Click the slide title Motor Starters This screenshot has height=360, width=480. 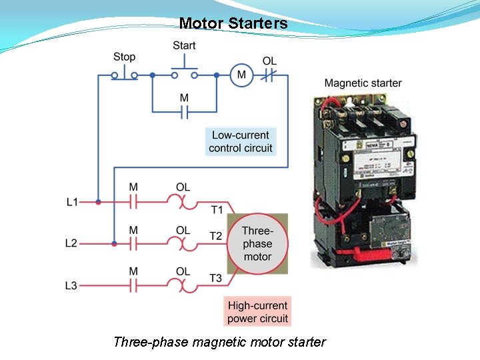pos(233,23)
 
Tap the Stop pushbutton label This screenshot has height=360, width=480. pos(124,57)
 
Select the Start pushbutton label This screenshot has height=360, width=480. pos(184,45)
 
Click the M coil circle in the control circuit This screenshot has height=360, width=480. pos(241,75)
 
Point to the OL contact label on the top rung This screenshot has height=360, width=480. pos(269,61)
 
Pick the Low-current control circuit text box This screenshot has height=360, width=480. pos(240,141)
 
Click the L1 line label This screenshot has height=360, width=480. pos(72,201)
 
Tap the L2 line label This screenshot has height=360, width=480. pos(71,243)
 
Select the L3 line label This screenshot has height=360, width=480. pos(71,285)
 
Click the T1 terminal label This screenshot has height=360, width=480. pos(217,210)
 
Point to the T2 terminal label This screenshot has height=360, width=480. pos(215,236)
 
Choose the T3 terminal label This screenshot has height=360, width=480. pos(215,277)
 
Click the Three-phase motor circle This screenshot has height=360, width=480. pos(257,244)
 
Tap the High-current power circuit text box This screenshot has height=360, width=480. pos(257,312)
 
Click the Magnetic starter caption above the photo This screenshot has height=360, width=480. pos(363,83)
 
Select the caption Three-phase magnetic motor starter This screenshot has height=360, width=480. pos(219,342)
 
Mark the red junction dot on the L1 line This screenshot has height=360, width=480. pos(98,201)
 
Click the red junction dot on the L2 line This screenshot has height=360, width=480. pos(114,243)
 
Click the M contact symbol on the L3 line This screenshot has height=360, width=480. pos(133,285)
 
